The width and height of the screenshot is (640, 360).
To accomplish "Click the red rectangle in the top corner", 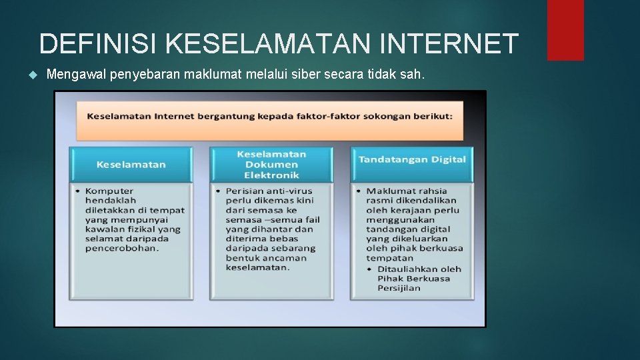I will point(565,29).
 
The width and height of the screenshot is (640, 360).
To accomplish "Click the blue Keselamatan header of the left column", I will point(131,164).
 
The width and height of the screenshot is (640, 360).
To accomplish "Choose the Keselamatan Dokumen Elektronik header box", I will point(271,164).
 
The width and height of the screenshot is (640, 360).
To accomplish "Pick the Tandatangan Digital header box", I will point(412,159).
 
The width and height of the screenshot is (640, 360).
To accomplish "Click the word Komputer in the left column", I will point(109,191).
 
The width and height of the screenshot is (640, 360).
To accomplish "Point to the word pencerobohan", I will point(122,248).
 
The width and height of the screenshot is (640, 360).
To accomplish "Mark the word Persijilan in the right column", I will point(399,288).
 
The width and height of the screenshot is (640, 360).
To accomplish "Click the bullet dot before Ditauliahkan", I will point(370,269).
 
